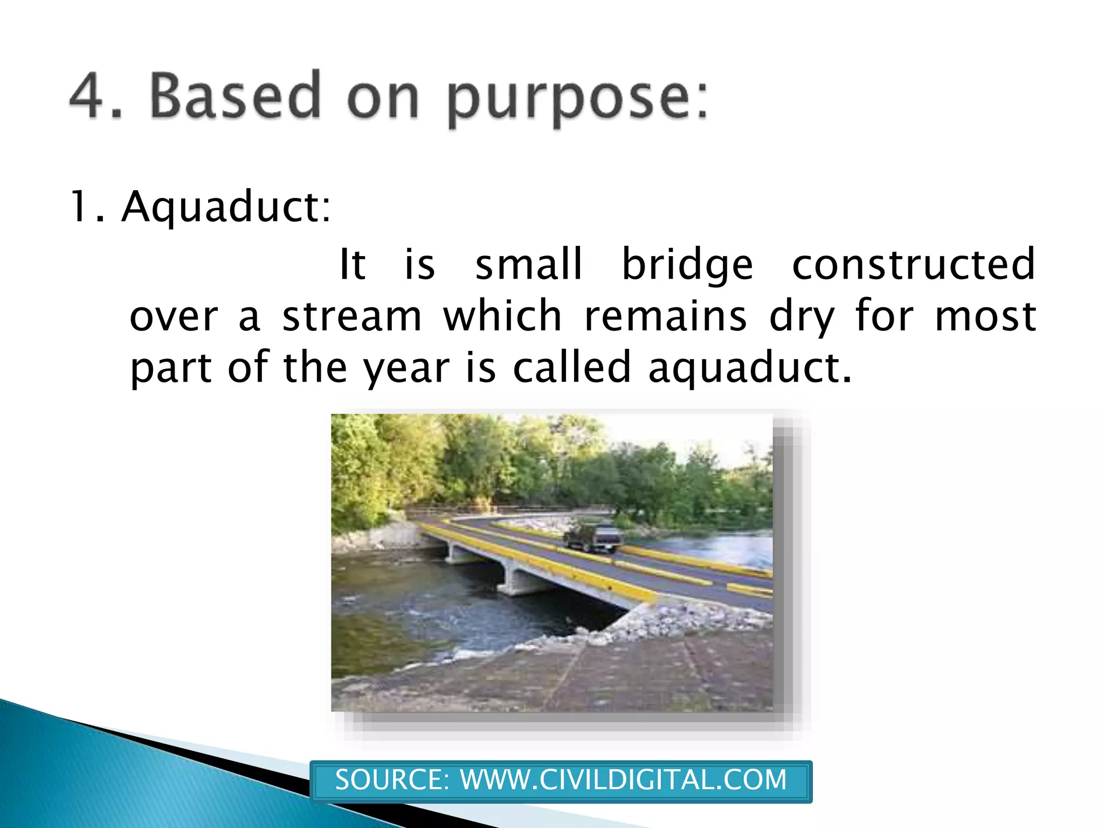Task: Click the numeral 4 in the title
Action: [x=88, y=95]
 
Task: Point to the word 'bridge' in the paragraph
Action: [x=687, y=265]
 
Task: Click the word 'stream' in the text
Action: [x=352, y=316]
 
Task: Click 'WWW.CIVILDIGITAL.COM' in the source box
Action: [x=623, y=780]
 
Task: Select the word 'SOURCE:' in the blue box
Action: [x=392, y=780]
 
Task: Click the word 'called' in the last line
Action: [x=571, y=368]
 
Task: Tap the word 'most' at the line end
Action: [x=985, y=316]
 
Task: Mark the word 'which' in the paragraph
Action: [x=502, y=316]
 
